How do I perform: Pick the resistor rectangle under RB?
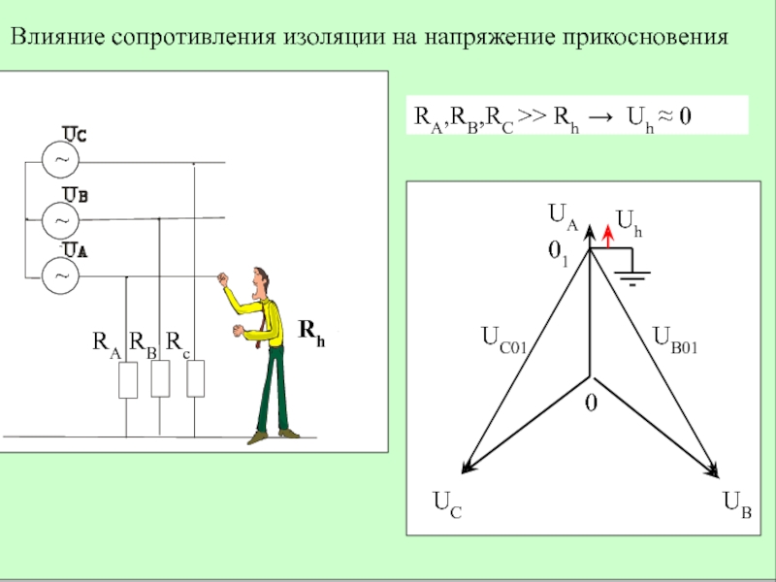[x=160, y=379]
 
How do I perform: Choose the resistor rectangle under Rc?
[x=195, y=379]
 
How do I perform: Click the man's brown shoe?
[x=258, y=437]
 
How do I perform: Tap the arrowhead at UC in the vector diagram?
[x=467, y=469]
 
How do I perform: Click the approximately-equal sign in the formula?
[x=663, y=118]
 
